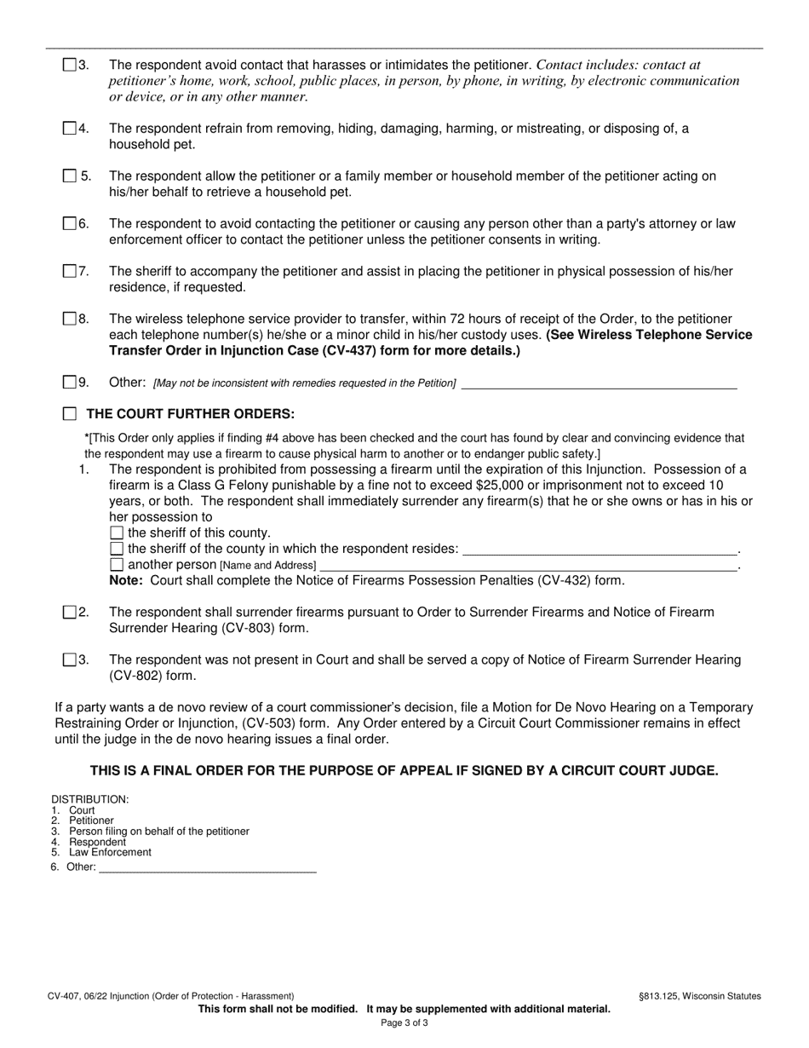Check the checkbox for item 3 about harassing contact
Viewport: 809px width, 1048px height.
(70, 65)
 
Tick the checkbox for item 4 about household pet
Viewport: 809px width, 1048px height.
(70, 129)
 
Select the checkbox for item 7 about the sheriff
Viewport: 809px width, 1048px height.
(70, 271)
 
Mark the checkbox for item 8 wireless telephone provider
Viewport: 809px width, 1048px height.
(70, 319)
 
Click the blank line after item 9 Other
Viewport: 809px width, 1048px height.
(598, 383)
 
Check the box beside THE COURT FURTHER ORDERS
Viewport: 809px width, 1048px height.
(70, 414)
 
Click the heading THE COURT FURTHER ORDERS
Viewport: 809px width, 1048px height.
(191, 414)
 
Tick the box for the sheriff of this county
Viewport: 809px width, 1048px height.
(118, 533)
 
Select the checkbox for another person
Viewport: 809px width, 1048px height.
(118, 565)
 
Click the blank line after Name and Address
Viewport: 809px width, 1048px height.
(528, 565)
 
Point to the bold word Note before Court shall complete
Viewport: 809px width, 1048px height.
(126, 580)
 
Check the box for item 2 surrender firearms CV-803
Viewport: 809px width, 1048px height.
(70, 612)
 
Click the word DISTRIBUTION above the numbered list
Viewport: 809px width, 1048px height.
(89, 799)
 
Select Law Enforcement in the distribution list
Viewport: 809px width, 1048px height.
(110, 852)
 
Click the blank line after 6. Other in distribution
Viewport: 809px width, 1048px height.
(207, 867)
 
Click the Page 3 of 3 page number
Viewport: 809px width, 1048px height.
(404, 1022)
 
